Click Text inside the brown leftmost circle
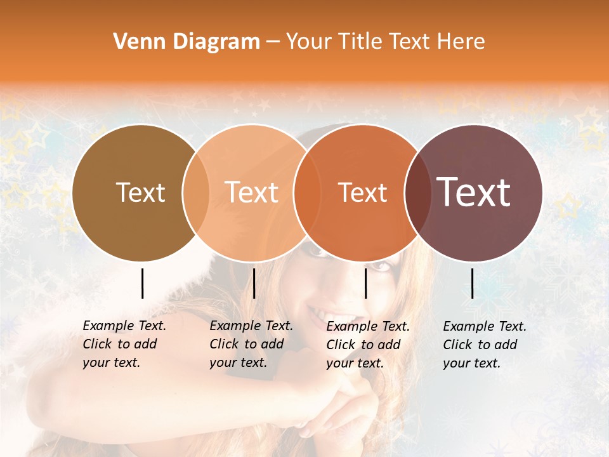pos(140,192)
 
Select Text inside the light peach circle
pos(252,192)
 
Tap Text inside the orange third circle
pos(362,192)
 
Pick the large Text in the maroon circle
pos(474,192)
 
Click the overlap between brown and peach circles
pos(196,192)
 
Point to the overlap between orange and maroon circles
pos(417,192)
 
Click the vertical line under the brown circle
pos(143,283)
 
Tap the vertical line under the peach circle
pos(254,283)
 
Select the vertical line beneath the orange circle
pos(366,283)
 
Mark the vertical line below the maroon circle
pos(473,283)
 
